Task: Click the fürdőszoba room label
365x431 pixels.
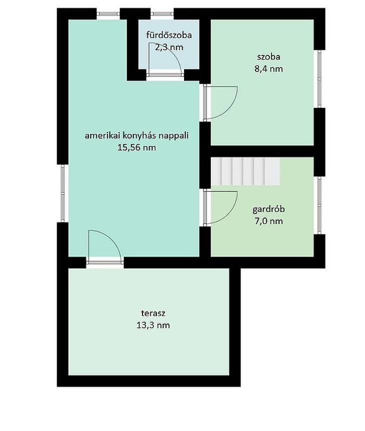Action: [x=169, y=35]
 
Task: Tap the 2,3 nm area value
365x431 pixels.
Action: [x=169, y=47]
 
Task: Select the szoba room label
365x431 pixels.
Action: [x=268, y=56]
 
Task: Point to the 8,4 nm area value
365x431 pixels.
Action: [x=268, y=68]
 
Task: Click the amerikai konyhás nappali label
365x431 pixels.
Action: [x=136, y=135]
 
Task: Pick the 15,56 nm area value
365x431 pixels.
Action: [x=136, y=147]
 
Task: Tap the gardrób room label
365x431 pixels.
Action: [x=268, y=209]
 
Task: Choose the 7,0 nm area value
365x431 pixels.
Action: [x=268, y=221]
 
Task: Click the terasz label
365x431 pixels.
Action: [x=153, y=313]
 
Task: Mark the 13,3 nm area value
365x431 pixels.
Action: [x=153, y=325]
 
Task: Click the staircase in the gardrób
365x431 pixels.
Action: [x=245, y=171]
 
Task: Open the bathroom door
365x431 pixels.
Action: [x=165, y=59]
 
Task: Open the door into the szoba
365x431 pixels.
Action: [x=220, y=103]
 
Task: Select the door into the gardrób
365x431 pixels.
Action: [x=220, y=208]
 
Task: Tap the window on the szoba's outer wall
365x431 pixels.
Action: [x=319, y=79]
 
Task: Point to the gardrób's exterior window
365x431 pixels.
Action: [x=319, y=205]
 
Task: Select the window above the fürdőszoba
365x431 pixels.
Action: [x=162, y=13]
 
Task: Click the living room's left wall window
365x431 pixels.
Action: [x=62, y=193]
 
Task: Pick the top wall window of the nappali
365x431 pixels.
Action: [x=108, y=13]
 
